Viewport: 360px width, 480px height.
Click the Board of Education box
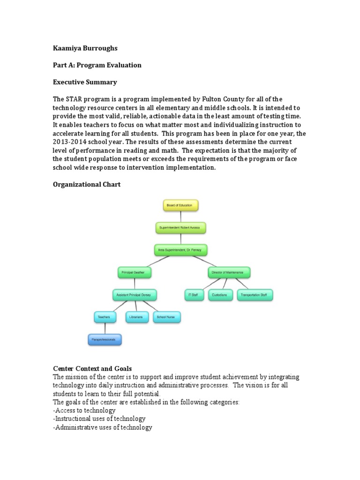pos(180,205)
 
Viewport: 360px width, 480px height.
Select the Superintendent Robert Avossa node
pos(180,228)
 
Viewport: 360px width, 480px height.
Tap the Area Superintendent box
pos(180,250)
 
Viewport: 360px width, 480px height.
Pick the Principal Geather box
pos(135,272)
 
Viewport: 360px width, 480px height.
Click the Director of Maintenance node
pos(228,272)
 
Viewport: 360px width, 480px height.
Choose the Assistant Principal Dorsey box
pos(135,295)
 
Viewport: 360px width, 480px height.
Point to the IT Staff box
pos(194,295)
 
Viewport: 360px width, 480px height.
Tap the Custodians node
pos(219,295)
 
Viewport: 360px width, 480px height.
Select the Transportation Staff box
pos(255,295)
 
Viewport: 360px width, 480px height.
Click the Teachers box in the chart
pos(104,317)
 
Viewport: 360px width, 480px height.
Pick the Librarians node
pos(136,317)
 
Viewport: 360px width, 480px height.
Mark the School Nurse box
pos(166,317)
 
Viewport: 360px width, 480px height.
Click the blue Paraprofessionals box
pos(105,339)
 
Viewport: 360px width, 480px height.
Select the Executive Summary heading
pos(85,82)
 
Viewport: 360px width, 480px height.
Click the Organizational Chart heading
pos(86,184)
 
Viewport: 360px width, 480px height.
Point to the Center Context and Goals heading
pos(95,369)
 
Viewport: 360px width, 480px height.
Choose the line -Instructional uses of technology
pos(99,419)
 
